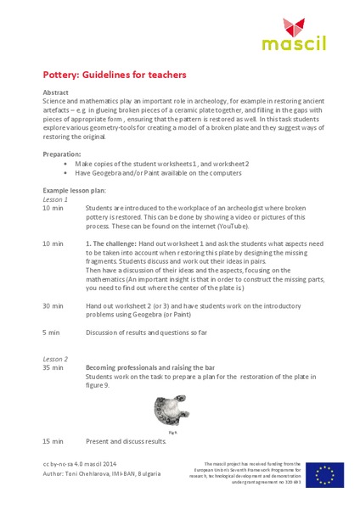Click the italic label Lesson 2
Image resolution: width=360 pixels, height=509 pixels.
(x=55, y=358)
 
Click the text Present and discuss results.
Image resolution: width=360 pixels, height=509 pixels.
(x=127, y=441)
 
